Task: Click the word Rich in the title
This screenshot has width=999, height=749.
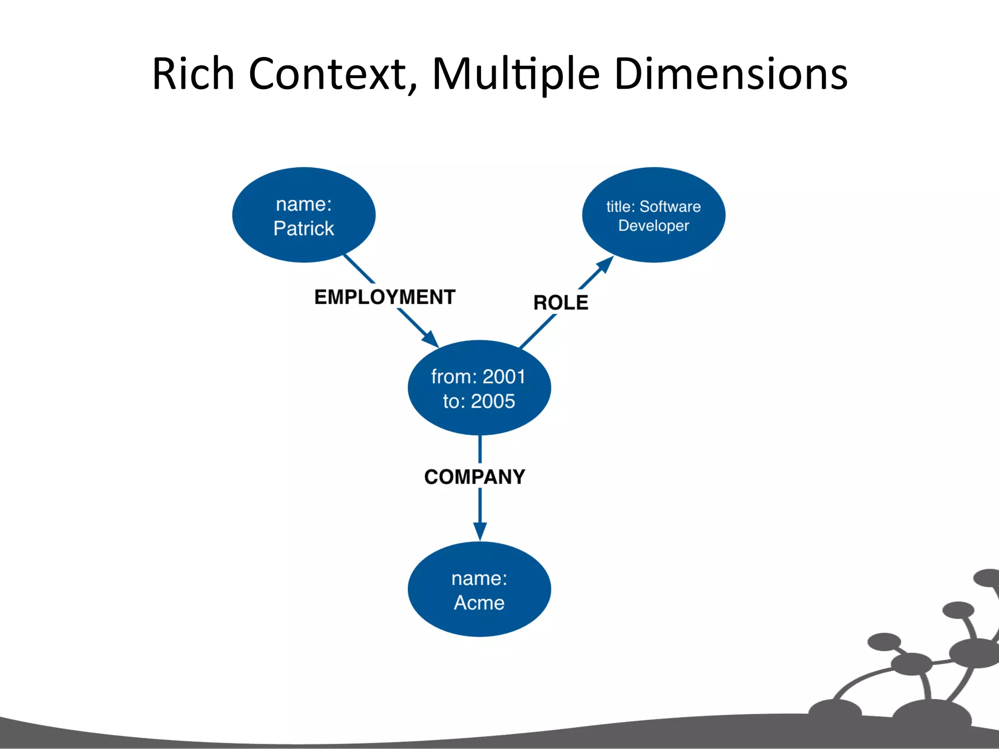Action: click(193, 74)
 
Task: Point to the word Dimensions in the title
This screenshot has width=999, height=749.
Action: click(731, 74)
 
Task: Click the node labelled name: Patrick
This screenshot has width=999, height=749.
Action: click(303, 215)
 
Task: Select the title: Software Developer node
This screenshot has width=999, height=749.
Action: click(653, 215)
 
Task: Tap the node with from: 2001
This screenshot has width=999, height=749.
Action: click(479, 388)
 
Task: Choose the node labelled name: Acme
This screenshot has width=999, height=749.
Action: click(479, 589)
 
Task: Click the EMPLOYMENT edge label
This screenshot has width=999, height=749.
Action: click(384, 297)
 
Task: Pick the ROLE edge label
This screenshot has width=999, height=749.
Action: click(560, 303)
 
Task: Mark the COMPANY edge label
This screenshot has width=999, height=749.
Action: click(475, 477)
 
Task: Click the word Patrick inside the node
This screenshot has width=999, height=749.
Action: click(303, 229)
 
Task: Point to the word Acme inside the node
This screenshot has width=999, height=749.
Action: click(479, 603)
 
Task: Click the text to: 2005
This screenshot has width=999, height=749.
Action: click(479, 401)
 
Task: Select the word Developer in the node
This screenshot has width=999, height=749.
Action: click(653, 226)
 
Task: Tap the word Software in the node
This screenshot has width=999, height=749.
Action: click(670, 207)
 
